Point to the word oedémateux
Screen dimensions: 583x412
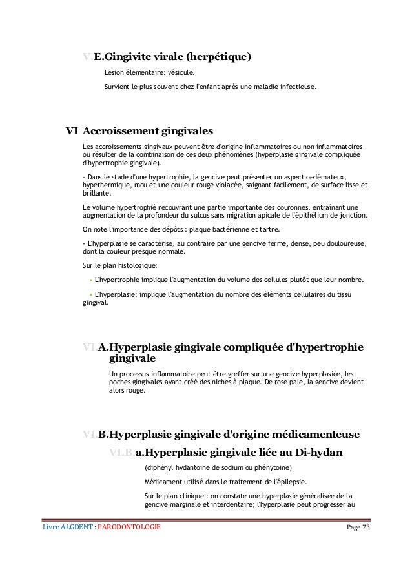(x=323, y=177)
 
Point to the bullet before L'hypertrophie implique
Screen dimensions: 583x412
(x=91, y=280)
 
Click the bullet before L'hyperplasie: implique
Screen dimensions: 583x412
(x=91, y=295)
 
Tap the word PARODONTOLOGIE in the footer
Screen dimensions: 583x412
(x=129, y=529)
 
